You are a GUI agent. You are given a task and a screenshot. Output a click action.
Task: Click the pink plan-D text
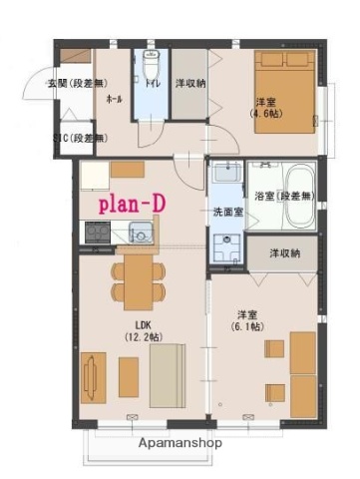point(131,205)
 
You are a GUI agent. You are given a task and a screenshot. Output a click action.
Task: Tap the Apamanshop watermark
point(180,442)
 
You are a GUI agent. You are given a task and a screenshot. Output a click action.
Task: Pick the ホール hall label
point(115,101)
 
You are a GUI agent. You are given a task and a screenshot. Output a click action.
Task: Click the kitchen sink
point(139,236)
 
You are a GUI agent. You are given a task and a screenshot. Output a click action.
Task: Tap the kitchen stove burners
point(99,234)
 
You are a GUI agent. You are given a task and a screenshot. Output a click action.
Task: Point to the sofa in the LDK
point(167,374)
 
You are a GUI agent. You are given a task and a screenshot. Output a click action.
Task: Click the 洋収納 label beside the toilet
point(190,84)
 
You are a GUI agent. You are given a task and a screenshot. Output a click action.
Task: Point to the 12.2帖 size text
point(139,337)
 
